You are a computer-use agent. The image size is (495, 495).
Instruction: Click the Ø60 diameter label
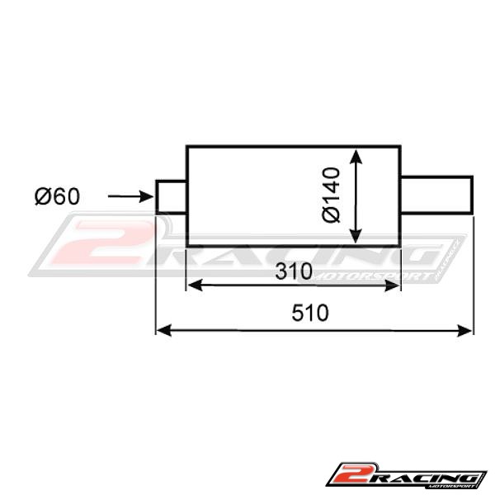57,196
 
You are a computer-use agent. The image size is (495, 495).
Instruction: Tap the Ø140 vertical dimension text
331,195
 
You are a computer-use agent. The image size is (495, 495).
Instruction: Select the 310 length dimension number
294,271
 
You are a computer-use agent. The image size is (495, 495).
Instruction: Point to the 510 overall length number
310,313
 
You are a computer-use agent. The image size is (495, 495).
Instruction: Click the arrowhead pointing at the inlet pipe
147,196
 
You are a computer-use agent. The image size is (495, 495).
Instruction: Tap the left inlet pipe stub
171,197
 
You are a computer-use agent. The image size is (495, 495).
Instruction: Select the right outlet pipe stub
436,195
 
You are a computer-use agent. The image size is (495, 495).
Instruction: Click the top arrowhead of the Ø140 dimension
356,157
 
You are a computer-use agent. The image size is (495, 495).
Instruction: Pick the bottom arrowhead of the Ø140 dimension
356,236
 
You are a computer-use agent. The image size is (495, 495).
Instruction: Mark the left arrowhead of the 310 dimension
195,285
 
